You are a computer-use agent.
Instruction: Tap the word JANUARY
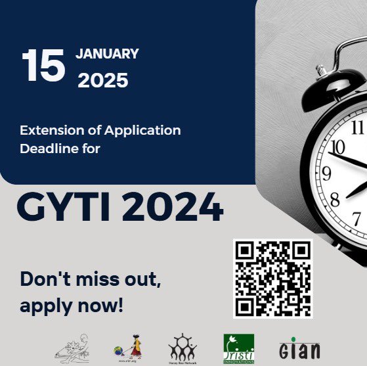coord(108,54)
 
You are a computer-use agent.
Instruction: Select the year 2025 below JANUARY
coord(103,80)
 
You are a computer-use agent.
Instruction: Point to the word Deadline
coord(46,149)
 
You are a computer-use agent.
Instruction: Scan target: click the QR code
coord(272,277)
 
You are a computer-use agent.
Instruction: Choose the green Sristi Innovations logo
coord(238,346)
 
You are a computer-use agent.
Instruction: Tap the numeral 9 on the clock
coord(326,173)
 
